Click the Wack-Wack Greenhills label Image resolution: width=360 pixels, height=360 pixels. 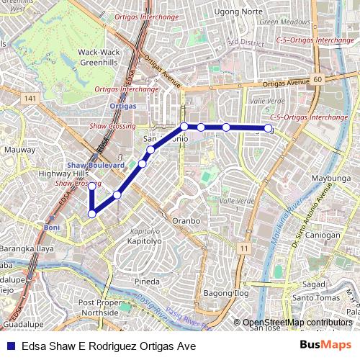98,57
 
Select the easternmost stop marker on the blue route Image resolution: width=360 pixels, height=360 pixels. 269,128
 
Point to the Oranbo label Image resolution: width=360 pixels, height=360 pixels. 185,220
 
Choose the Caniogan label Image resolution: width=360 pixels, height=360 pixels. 322,235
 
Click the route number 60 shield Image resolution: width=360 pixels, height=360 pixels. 318,78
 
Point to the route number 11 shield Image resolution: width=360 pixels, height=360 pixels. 244,248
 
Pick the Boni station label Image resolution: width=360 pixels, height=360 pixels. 51,227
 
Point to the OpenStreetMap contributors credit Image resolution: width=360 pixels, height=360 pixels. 297,323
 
